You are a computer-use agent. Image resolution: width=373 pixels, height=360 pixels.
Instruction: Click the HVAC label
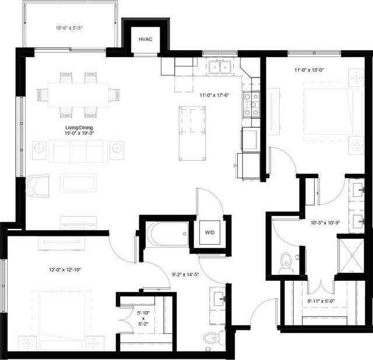click(x=145, y=39)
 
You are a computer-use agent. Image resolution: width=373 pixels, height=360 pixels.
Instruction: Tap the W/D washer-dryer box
click(x=209, y=232)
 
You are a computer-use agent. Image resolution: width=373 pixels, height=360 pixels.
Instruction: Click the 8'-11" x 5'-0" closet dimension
click(x=320, y=301)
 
